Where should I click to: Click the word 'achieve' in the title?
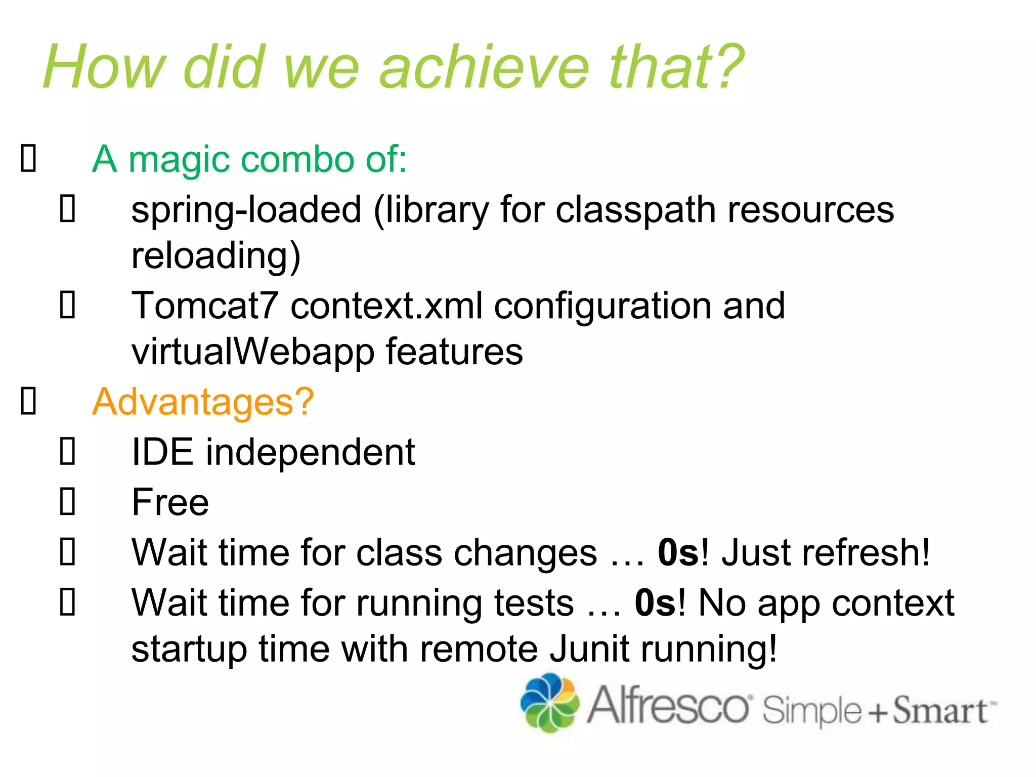pyautogui.click(x=484, y=67)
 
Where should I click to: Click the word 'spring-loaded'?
pyautogui.click(x=246, y=210)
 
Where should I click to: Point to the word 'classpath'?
pyautogui.click(x=635, y=210)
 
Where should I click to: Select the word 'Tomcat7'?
pyautogui.click(x=205, y=306)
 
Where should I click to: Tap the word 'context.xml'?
pyautogui.click(x=386, y=306)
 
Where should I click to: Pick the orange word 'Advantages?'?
pyautogui.click(x=203, y=402)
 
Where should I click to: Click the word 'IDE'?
pyautogui.click(x=162, y=452)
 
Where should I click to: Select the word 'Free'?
pyautogui.click(x=170, y=502)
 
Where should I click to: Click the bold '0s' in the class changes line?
pyautogui.click(x=678, y=552)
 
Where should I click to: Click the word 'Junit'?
pyautogui.click(x=590, y=649)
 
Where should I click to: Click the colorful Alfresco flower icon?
pyautogui.click(x=549, y=703)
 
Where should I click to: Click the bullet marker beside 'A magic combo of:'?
pyautogui.click(x=28, y=158)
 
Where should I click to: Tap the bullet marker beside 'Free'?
pyautogui.click(x=68, y=501)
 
